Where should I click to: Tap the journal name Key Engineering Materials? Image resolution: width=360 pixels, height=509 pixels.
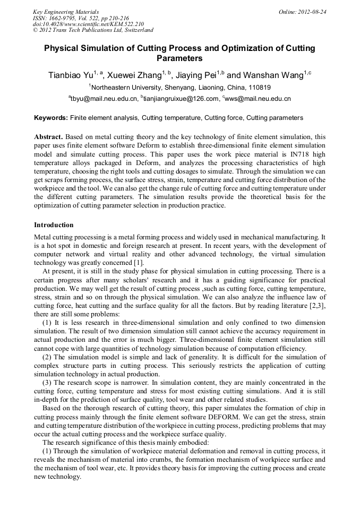(x=66, y=12)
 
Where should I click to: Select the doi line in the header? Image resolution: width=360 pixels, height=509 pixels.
(x=89, y=24)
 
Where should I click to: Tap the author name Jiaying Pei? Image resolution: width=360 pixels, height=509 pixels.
(x=195, y=75)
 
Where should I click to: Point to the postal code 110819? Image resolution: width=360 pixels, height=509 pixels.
(x=260, y=88)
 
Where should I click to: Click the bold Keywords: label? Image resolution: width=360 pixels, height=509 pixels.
(x=51, y=118)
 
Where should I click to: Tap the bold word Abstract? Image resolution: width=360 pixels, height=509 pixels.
(x=49, y=137)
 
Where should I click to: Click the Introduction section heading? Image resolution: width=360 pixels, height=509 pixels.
(x=54, y=225)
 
